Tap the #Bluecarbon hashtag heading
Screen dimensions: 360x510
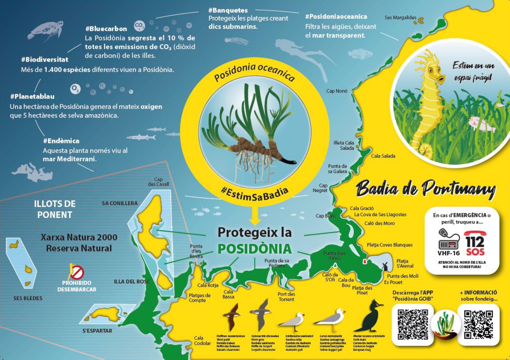[x=106, y=29]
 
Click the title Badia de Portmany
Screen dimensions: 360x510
[x=425, y=189]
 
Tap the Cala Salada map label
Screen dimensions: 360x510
[x=383, y=156]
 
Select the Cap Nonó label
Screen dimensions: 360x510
[x=337, y=91]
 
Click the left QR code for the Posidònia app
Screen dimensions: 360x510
[x=413, y=324]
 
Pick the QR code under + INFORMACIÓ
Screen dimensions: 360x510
[x=478, y=324]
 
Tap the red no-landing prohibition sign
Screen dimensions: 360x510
[x=76, y=272]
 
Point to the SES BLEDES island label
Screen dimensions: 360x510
[x=28, y=298]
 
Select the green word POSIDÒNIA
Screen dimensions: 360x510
[x=255, y=249]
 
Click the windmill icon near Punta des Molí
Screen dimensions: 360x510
[x=384, y=266]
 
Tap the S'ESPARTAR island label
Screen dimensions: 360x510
[x=97, y=331]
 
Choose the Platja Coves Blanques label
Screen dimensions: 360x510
[x=389, y=245]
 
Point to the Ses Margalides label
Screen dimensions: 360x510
[x=400, y=17]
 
